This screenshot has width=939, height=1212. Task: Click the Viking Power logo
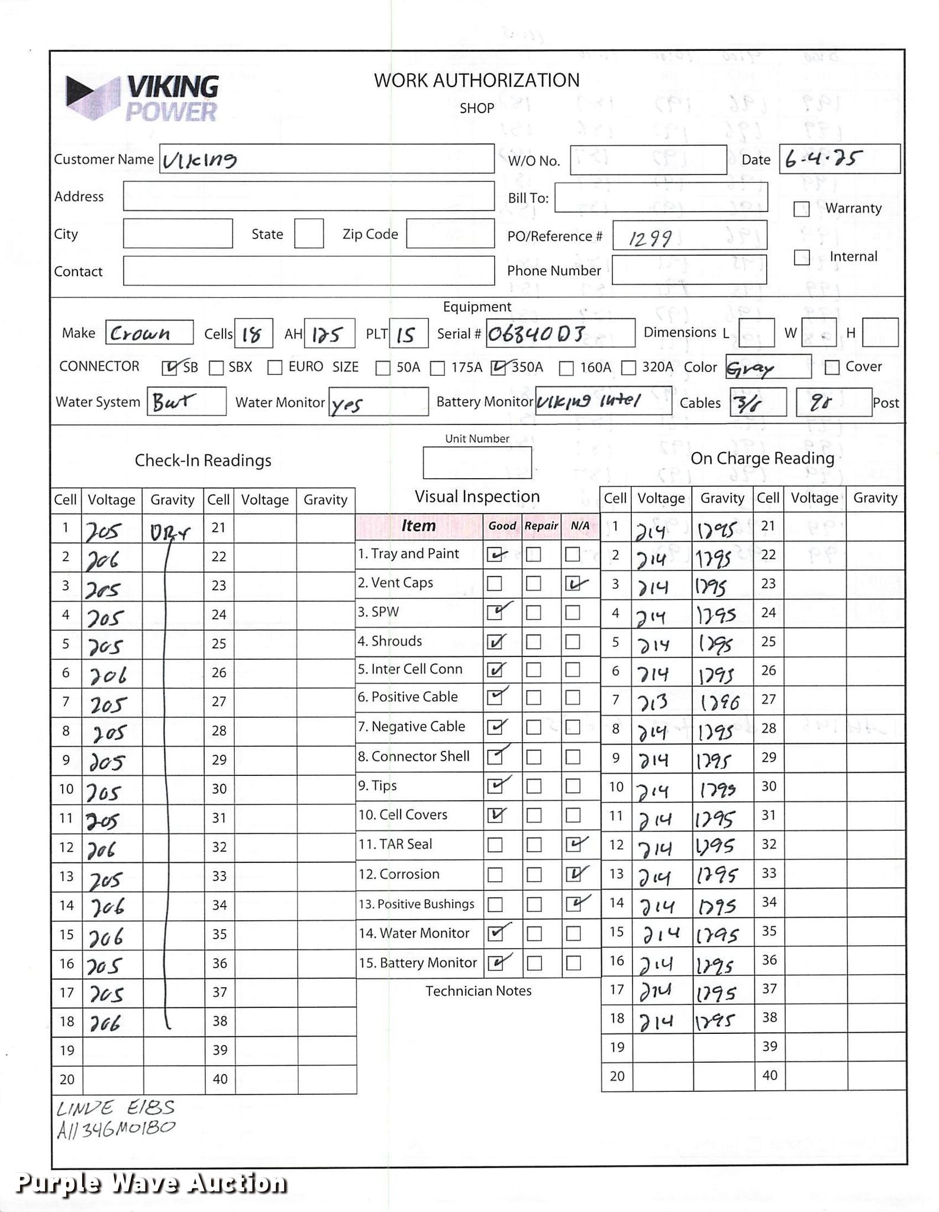142,98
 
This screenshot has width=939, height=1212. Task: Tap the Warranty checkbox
801,209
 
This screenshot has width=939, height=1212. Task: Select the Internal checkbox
801,257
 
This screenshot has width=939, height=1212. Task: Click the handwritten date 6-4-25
822,159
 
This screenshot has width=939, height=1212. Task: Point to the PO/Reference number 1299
650,238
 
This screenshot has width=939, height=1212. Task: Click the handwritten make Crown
140,333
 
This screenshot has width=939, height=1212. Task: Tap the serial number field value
537,334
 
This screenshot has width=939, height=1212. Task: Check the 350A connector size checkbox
498,368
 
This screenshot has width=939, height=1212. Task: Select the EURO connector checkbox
275,368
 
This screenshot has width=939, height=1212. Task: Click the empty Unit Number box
477,463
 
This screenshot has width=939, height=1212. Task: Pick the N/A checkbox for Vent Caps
572,584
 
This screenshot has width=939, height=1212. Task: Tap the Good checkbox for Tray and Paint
495,555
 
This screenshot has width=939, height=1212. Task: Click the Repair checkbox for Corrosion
534,875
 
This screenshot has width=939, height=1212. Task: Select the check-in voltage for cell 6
107,675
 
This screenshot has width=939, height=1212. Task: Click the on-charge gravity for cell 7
719,702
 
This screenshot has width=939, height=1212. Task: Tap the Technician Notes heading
478,991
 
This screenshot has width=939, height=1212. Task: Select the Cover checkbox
832,368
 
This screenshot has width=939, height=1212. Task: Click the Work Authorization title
476,80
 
